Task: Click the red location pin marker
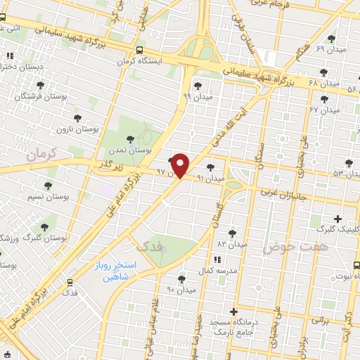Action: [x=181, y=165]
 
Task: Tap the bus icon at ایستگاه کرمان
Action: [x=139, y=51]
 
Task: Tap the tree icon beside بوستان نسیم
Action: [x=48, y=186]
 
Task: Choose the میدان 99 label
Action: [x=197, y=96]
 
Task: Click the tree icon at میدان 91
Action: [x=211, y=167]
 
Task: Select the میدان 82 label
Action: [x=232, y=243]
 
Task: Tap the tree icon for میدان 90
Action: [x=181, y=279]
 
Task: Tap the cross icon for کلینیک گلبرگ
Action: [x=337, y=219]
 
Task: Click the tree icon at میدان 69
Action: [x=332, y=39]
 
